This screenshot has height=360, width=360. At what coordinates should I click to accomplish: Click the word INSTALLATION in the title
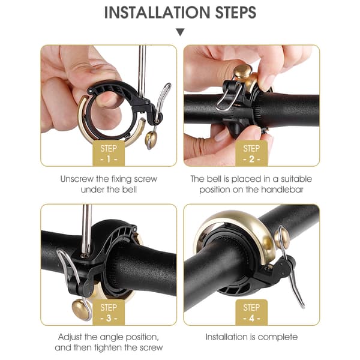point(157,13)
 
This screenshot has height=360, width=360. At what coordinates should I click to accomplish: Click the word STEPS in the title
point(236,13)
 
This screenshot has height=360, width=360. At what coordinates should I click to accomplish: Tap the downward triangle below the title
point(181,32)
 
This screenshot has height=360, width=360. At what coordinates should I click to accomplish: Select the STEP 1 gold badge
point(109,154)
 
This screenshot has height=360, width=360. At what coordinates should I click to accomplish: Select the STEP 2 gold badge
point(251,154)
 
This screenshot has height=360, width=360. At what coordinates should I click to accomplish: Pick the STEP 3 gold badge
point(109,312)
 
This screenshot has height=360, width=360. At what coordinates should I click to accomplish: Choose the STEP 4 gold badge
point(251,312)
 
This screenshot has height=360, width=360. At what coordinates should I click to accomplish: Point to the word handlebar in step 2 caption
point(282,190)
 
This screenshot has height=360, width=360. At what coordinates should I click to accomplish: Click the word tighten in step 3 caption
point(108,347)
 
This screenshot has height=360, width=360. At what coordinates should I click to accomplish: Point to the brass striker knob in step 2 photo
point(242,70)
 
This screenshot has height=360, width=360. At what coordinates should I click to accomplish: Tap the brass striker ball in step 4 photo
point(282,239)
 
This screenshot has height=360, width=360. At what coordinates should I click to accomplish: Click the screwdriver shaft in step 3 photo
point(86,230)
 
